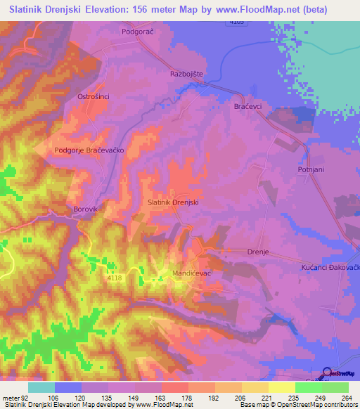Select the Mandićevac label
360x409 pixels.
pos(192,272)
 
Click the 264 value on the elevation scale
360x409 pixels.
pos(347,396)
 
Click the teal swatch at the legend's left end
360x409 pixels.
pos(41,387)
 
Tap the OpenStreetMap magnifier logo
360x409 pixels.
pos(327,374)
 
